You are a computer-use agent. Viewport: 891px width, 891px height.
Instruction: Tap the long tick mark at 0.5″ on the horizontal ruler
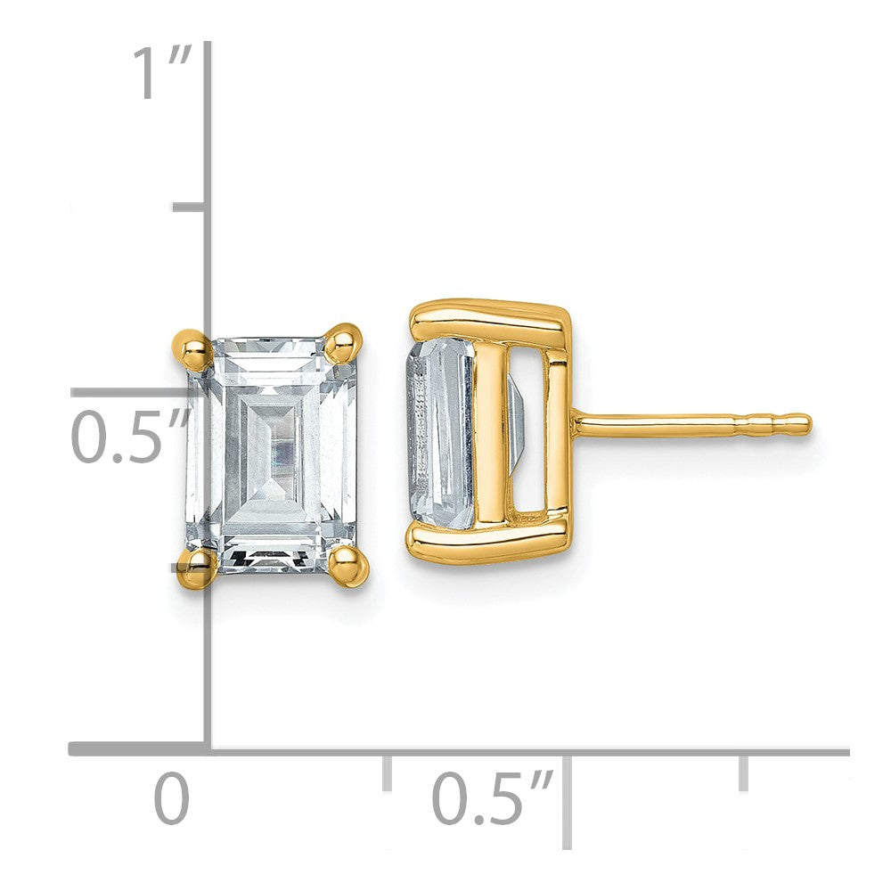click(x=567, y=797)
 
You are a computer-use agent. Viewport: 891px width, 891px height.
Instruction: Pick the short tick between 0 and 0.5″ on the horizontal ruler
click(x=387, y=772)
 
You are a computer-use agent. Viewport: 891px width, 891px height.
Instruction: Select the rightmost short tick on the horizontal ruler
click(x=742, y=772)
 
